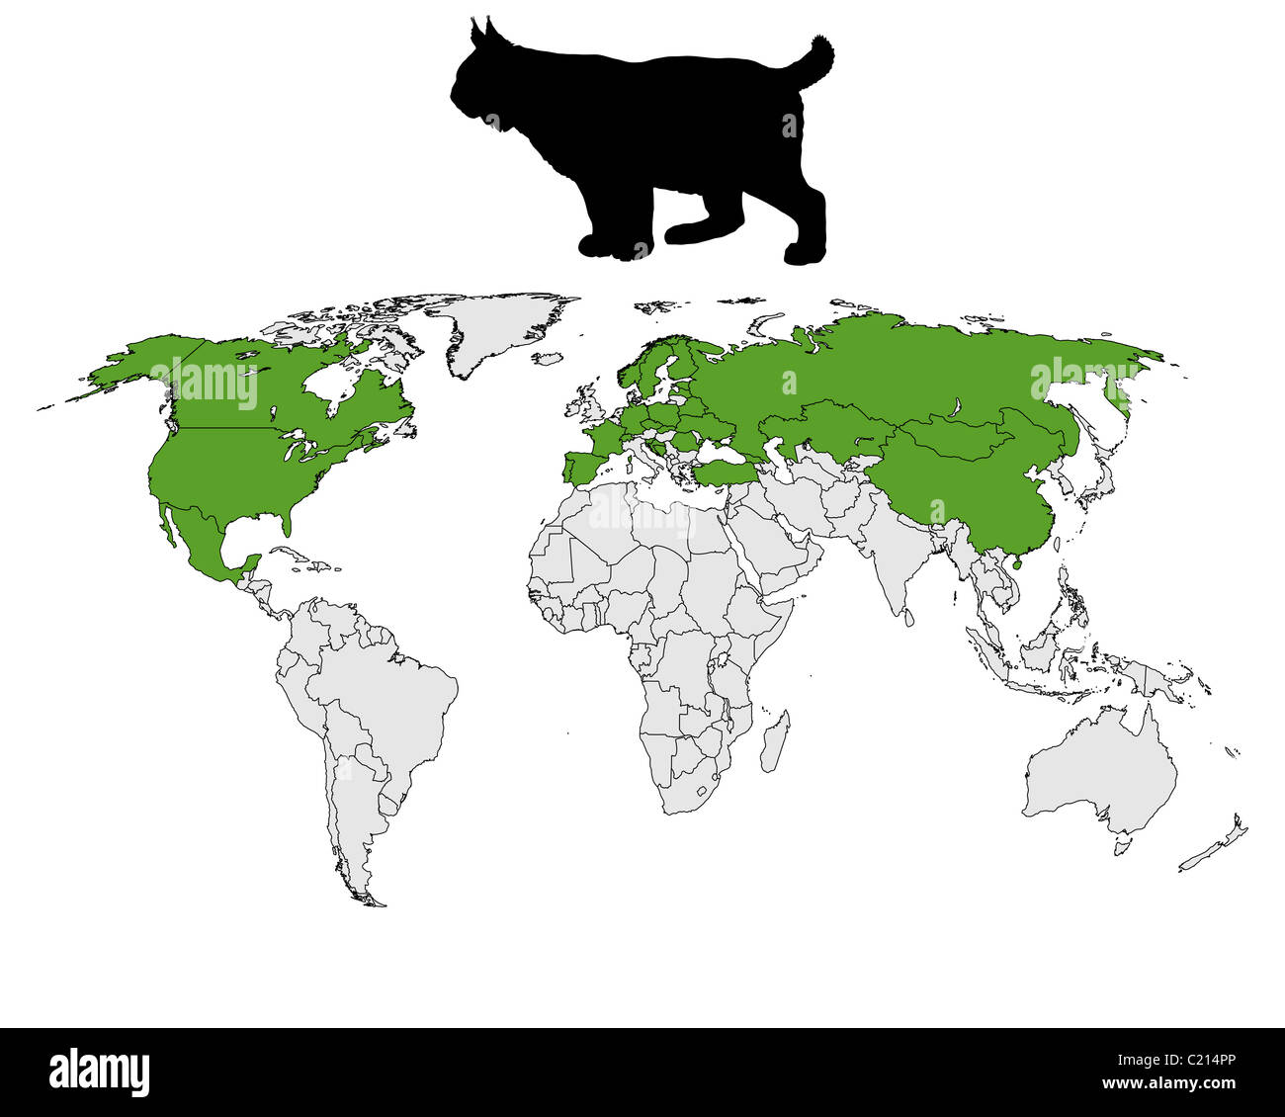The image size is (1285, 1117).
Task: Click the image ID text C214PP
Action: [1203, 1063]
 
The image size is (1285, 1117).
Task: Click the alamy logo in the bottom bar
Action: [100, 1072]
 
